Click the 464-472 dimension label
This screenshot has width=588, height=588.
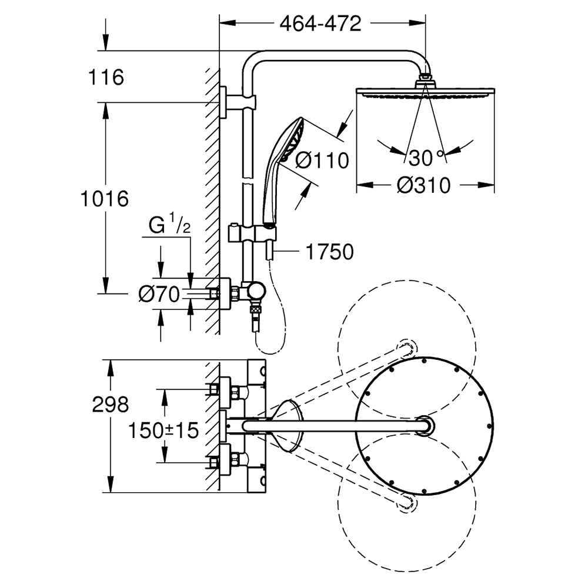(319, 24)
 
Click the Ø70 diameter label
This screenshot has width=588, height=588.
(159, 294)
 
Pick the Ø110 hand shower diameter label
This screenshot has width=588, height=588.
(322, 161)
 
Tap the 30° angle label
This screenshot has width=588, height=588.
(426, 158)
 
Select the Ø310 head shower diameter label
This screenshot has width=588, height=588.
(423, 186)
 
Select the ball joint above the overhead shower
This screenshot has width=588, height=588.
(425, 81)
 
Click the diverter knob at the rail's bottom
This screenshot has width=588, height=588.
(256, 290)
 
